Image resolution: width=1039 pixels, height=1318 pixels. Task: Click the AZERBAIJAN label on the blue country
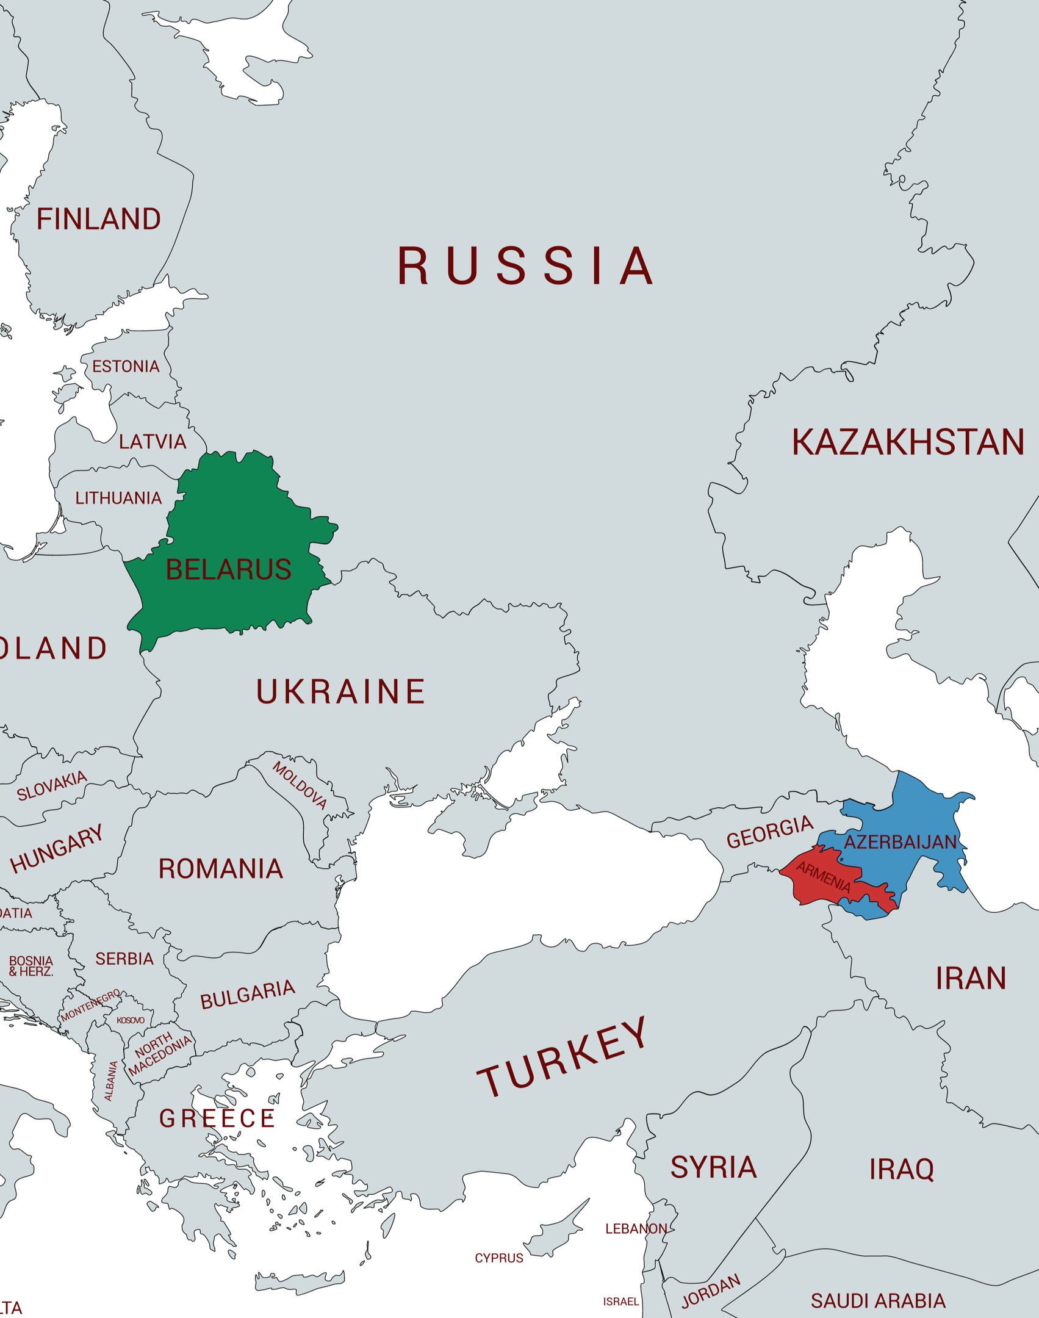(900, 843)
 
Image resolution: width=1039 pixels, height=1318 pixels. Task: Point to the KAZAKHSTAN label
(908, 442)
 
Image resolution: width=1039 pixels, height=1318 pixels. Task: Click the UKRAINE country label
(340, 691)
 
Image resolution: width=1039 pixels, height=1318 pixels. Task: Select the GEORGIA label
(769, 832)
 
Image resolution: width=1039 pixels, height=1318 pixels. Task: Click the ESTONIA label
(126, 367)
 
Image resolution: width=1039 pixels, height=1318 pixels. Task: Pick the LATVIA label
(153, 442)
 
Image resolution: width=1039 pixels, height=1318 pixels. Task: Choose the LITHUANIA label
(118, 499)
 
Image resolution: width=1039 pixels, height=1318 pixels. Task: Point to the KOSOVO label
(131, 1020)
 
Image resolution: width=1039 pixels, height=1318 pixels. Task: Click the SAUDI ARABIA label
(878, 1301)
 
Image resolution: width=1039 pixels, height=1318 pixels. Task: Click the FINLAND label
(99, 219)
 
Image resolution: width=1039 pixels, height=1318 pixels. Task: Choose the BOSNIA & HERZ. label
(31, 966)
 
